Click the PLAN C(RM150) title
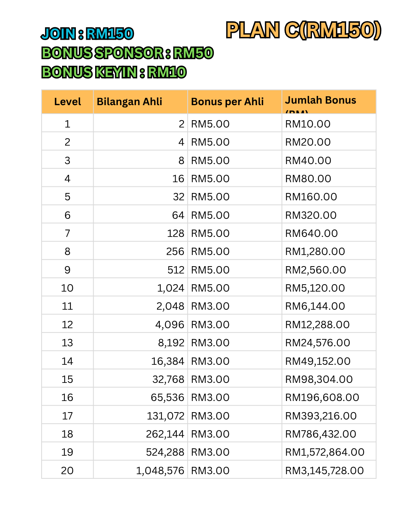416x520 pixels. coord(304,30)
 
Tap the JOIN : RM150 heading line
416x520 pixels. coord(87,34)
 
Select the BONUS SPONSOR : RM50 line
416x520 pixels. coord(127,53)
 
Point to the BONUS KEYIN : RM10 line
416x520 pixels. coord(114,72)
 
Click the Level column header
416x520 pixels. coord(67,102)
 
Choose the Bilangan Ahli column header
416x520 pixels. coord(129,102)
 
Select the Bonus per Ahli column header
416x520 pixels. coord(227,102)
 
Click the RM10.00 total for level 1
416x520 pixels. coord(308,124)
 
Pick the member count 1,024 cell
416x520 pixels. coord(171,288)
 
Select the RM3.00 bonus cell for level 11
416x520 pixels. coord(210,306)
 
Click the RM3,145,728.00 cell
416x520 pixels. coord(324,471)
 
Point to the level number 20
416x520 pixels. coord(67,471)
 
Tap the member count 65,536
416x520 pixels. coord(168,398)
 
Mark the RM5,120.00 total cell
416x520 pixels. coord(315,288)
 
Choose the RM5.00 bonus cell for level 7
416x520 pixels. coord(210,233)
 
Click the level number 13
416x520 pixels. coord(67,343)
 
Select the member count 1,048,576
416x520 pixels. coord(160,471)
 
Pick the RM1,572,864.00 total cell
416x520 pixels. coord(325,452)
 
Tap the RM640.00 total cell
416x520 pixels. coord(311,233)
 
